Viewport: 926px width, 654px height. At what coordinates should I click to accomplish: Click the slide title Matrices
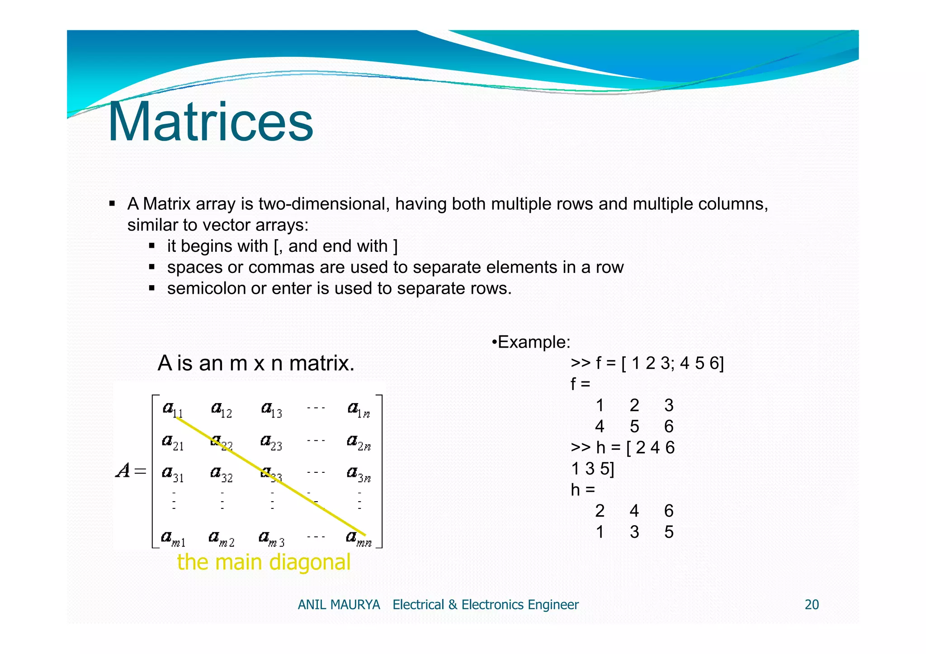pyautogui.click(x=210, y=122)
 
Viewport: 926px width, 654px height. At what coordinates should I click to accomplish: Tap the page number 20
pyautogui.click(x=812, y=605)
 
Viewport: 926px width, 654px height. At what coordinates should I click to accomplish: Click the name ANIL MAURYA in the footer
pyautogui.click(x=339, y=605)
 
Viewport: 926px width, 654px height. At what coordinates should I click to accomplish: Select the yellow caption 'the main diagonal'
pyautogui.click(x=264, y=562)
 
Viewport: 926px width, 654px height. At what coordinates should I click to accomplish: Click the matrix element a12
pyautogui.click(x=222, y=410)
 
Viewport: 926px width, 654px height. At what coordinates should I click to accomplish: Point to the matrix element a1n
pyautogui.click(x=359, y=410)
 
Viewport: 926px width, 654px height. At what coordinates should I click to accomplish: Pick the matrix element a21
pyautogui.click(x=173, y=442)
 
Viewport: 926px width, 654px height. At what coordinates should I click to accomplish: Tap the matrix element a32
pyautogui.click(x=222, y=474)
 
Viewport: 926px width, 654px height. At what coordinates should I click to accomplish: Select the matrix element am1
pyautogui.click(x=173, y=538)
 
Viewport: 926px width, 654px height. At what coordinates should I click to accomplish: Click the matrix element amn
pyautogui.click(x=359, y=538)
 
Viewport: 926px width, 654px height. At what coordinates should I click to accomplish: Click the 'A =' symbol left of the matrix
pyautogui.click(x=131, y=471)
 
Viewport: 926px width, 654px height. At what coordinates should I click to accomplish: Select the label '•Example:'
pyautogui.click(x=531, y=342)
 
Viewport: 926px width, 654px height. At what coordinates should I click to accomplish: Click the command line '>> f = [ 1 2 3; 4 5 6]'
pyautogui.click(x=647, y=363)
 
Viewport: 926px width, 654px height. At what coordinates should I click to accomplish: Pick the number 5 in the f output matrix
pyautogui.click(x=634, y=426)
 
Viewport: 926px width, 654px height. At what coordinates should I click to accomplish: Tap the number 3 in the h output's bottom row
pyautogui.click(x=634, y=532)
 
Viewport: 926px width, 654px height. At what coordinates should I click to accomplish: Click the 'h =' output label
pyautogui.click(x=583, y=489)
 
